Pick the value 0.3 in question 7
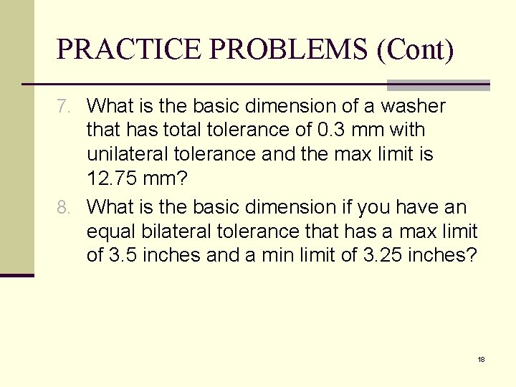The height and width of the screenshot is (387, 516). coord(329,130)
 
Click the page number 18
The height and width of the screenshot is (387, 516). coord(481,359)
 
